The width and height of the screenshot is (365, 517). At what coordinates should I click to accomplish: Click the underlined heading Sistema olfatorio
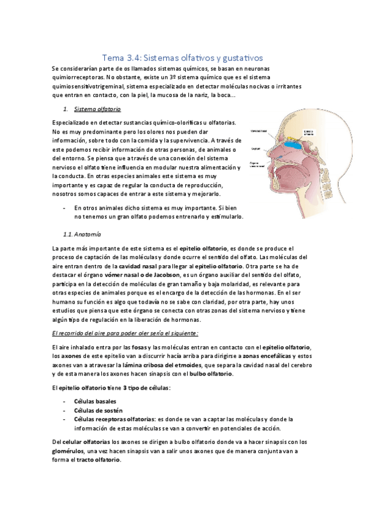[97, 110]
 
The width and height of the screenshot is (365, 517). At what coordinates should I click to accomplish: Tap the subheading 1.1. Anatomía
[82, 234]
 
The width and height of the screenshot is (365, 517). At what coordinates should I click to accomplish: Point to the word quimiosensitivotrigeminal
[90, 87]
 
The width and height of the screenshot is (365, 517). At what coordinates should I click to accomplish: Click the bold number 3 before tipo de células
[125, 388]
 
